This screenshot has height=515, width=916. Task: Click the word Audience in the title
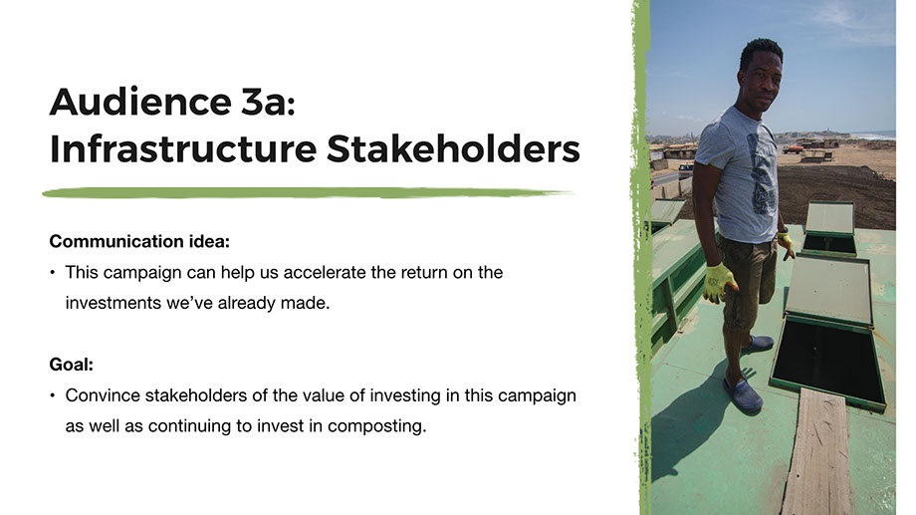pyautogui.click(x=140, y=102)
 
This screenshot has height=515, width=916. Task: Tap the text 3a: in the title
pyautogui.click(x=268, y=102)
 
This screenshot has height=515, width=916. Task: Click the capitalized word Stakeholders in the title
pyautogui.click(x=453, y=148)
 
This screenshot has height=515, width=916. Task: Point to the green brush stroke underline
pyautogui.click(x=307, y=192)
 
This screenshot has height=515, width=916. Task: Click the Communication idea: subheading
pyautogui.click(x=139, y=241)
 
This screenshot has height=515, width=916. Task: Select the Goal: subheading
pyautogui.click(x=72, y=365)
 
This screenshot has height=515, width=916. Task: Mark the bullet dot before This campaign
pyautogui.click(x=53, y=272)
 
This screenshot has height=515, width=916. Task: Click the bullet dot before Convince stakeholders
pyautogui.click(x=53, y=395)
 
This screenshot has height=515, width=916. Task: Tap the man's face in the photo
pyautogui.click(x=761, y=79)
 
